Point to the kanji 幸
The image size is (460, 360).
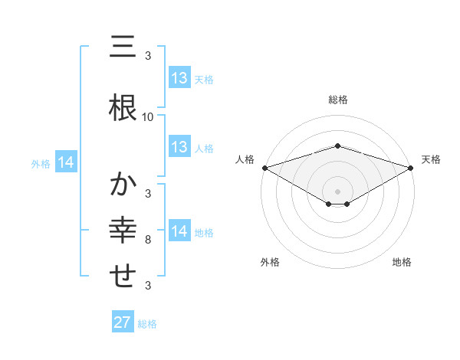coord(123,230)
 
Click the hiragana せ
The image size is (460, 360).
coord(123,276)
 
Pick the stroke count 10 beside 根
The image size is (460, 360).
coord(148,117)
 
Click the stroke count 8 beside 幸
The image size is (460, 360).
coord(148,241)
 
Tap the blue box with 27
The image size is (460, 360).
coord(122,322)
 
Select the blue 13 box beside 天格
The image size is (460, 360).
coord(179,78)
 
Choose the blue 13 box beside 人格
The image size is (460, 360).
coord(179,147)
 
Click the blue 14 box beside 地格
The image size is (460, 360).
coord(179,231)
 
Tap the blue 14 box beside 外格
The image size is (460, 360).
coord(66,162)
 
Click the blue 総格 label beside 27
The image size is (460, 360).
coord(147,324)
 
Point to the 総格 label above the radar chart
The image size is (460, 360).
coord(337,100)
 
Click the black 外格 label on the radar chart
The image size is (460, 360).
coord(270,262)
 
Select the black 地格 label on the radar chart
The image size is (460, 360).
coord(402,262)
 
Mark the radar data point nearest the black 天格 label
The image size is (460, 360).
coord(411,168)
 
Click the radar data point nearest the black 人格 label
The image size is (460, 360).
coord(264,168)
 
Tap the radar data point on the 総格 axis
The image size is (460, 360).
coord(337,146)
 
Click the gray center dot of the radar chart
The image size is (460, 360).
coord(337,191)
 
